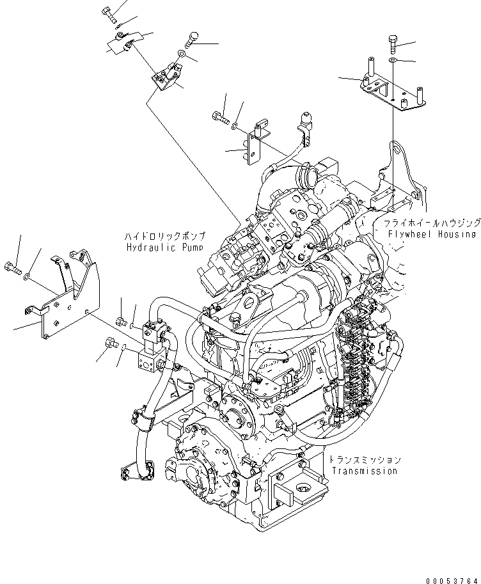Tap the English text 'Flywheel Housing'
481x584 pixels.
(x=432, y=234)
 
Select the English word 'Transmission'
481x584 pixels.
(x=365, y=471)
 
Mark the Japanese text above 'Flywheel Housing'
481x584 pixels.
(x=432, y=223)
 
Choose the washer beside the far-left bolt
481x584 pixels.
(x=26, y=276)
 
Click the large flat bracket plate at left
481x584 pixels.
(x=64, y=307)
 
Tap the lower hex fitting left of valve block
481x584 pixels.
(x=109, y=345)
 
